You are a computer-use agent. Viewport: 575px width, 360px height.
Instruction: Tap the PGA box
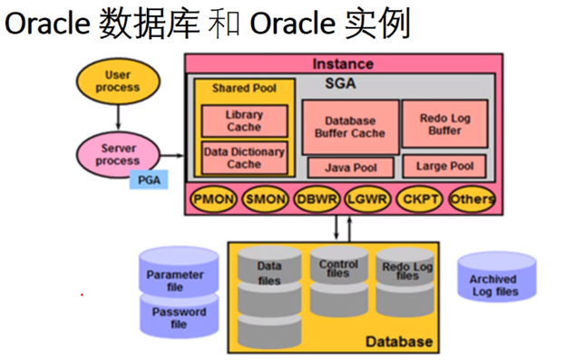[148, 180]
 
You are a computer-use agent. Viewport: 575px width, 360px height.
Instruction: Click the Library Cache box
[244, 122]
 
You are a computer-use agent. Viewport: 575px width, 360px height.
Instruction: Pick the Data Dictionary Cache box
[244, 158]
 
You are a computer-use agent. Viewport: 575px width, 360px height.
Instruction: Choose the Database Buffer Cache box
[350, 126]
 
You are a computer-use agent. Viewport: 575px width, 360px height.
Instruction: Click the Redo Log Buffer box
[444, 124]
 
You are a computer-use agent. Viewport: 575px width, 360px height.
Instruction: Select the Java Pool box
[350, 168]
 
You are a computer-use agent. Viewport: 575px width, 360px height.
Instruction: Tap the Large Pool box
[444, 167]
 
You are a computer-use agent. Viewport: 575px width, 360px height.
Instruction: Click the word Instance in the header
[342, 64]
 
